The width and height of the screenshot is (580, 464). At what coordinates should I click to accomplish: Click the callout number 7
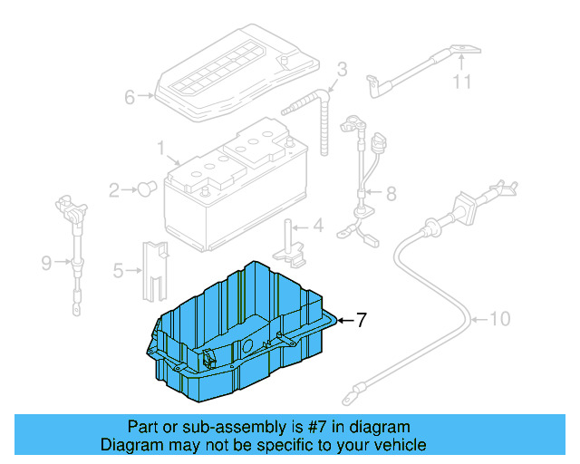coord(361,320)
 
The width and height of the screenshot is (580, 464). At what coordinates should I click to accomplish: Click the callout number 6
coord(130,97)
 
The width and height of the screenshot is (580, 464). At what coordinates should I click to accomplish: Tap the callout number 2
coord(114,190)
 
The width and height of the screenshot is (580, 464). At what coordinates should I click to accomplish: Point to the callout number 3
coord(343,70)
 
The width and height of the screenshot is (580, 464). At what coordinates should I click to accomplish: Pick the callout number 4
coord(318,227)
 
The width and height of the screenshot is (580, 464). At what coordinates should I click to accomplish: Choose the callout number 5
coord(118,269)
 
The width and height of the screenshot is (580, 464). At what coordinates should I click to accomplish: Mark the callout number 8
coord(391,193)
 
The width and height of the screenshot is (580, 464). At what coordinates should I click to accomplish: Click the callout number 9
coord(46,264)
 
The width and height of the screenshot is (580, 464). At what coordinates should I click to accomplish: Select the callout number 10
coord(501,319)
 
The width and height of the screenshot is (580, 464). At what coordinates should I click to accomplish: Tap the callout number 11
coord(463,83)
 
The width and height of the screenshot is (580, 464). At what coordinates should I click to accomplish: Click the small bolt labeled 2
coord(146,188)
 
